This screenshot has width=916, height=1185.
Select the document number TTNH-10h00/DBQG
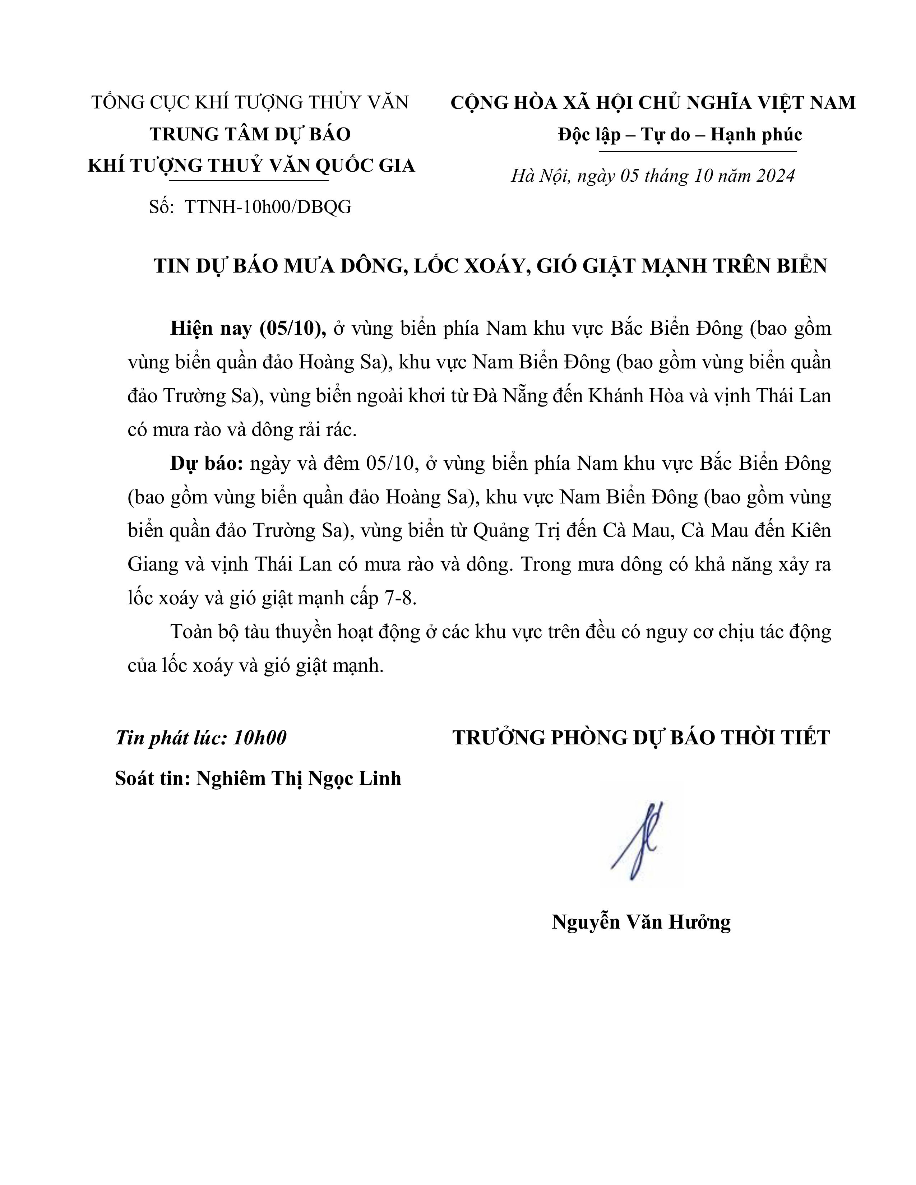(268, 207)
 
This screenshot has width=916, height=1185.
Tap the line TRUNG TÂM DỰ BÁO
(250, 134)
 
